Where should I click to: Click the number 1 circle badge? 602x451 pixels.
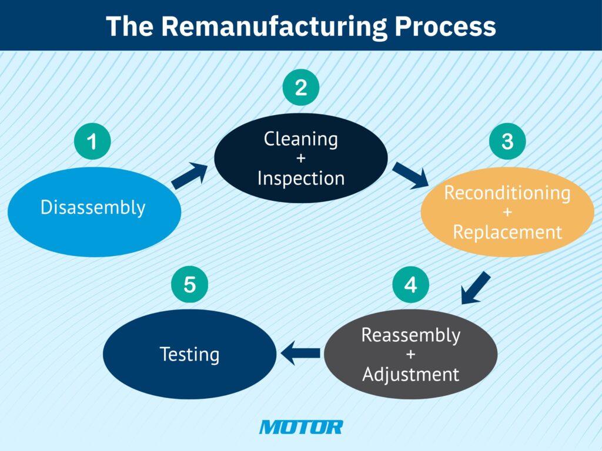(x=92, y=142)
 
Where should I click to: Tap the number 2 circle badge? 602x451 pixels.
(x=300, y=87)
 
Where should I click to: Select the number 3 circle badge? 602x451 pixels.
(x=507, y=142)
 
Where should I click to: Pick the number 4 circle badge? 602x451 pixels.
(x=411, y=284)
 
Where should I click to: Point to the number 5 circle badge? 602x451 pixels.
(x=189, y=284)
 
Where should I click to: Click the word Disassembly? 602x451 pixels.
(x=93, y=207)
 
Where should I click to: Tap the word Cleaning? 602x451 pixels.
(x=300, y=139)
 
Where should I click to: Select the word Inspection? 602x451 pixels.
(x=300, y=178)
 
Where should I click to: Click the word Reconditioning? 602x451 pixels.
(x=507, y=193)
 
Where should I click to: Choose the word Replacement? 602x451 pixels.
(x=507, y=232)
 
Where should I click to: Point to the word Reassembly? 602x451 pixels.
(x=411, y=335)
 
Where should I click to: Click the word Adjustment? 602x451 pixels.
(x=411, y=374)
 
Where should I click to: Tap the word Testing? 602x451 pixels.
(x=189, y=355)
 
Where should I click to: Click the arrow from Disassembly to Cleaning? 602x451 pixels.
(x=190, y=176)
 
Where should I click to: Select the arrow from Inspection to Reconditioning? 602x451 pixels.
(x=410, y=176)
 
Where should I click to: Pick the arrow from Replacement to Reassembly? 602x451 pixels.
(x=475, y=288)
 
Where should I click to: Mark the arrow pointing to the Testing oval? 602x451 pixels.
(x=300, y=354)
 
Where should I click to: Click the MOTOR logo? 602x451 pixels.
(x=300, y=427)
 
